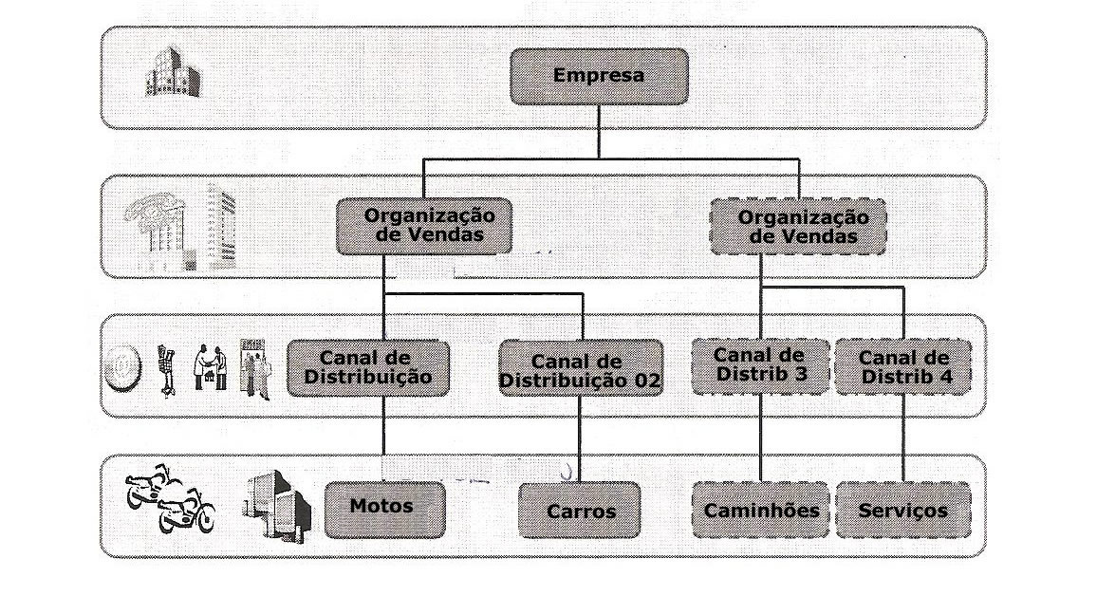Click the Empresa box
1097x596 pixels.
pos(598,76)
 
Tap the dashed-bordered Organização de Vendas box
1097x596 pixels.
pos(797,228)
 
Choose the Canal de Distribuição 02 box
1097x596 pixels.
pos(581,370)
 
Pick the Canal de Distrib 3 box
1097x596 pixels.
pos(759,366)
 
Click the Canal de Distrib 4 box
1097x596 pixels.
pos(903,367)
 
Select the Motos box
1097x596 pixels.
pos(383,508)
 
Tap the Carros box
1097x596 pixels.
pos(580,511)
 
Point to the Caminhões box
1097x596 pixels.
pos(761,511)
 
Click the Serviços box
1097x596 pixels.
pos(902,511)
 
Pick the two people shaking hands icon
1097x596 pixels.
pos(210,366)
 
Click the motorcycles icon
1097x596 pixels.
pos(171,498)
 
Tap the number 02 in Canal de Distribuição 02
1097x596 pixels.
pos(646,382)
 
